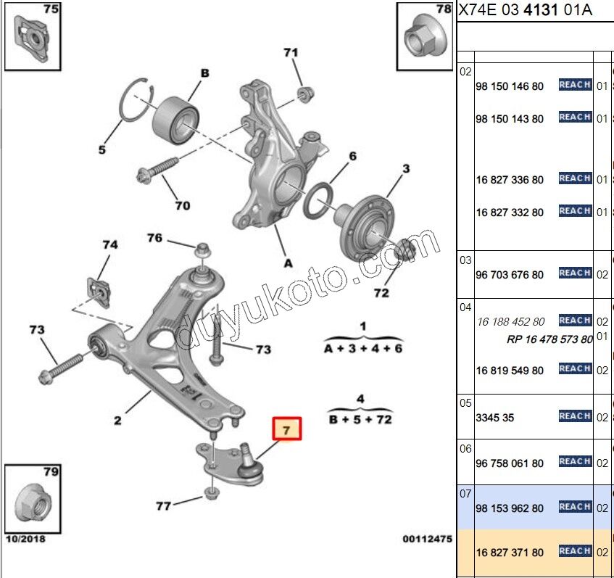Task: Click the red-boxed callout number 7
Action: point(286,429)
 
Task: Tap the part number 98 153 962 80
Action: point(510,508)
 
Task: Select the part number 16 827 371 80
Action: point(510,553)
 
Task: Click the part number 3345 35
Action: point(494,418)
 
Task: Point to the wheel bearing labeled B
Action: point(176,120)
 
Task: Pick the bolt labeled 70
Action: point(157,171)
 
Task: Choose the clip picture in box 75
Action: point(32,38)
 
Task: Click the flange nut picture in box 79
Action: point(33,503)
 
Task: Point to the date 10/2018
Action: point(25,539)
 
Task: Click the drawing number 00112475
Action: point(427,540)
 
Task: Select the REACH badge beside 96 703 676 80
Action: point(575,273)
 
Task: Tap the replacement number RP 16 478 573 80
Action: point(549,339)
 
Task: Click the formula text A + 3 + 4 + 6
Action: point(363,348)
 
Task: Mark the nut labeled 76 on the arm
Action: point(202,250)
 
